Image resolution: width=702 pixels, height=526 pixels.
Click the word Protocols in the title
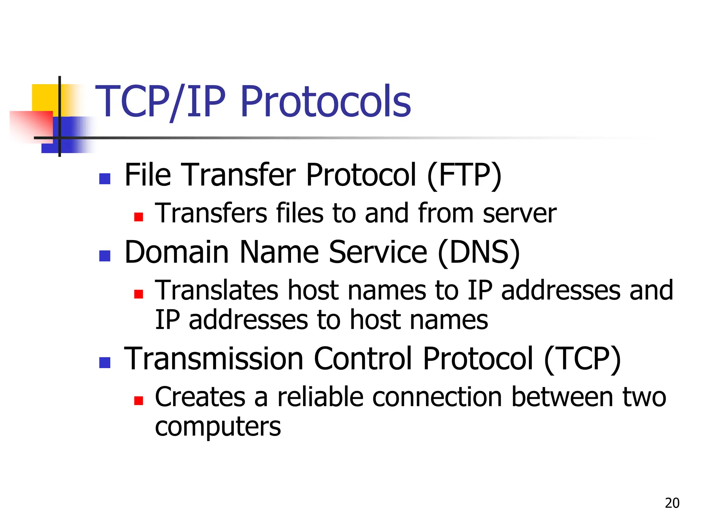point(326,102)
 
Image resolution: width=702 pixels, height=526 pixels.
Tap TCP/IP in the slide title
point(160,102)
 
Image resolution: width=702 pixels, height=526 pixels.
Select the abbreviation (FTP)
point(464,175)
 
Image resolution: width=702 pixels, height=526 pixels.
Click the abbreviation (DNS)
point(479,252)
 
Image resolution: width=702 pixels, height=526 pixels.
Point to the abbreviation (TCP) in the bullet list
point(582,359)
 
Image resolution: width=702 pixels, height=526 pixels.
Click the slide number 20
point(672,503)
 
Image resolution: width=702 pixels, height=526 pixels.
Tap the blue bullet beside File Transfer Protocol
point(105,179)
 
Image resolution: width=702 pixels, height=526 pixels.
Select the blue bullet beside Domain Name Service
point(105,256)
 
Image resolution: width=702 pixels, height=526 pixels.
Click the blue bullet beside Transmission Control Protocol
point(105,363)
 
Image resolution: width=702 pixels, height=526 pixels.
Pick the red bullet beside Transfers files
point(138,217)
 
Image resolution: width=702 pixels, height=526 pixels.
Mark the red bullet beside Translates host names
point(138,294)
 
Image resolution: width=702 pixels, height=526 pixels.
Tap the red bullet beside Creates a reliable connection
point(138,401)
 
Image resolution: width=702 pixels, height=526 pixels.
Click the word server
point(520,214)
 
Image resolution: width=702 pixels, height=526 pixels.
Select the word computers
point(218,427)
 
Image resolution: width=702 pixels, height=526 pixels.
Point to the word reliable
point(320,397)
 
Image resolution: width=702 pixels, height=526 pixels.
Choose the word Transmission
point(214,359)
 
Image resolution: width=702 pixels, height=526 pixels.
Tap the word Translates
point(217,290)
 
